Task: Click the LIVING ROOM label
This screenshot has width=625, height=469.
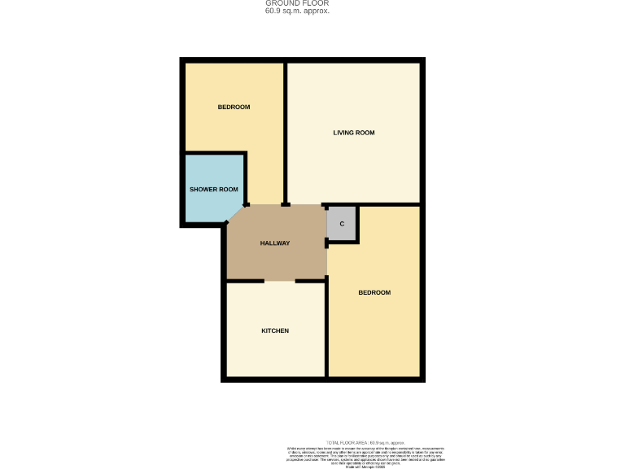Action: click(x=353, y=133)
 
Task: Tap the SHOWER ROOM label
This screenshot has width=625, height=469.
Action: click(x=213, y=190)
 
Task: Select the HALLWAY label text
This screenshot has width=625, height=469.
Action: click(x=275, y=243)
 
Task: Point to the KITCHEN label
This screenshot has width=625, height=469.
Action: click(x=275, y=331)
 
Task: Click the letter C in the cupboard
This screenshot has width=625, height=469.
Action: click(x=342, y=224)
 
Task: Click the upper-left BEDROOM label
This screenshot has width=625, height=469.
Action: click(x=234, y=107)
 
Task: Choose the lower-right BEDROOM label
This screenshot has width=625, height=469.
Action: click(x=374, y=292)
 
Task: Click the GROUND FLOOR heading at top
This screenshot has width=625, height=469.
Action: click(x=297, y=3)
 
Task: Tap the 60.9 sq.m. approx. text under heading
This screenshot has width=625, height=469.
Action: click(x=297, y=11)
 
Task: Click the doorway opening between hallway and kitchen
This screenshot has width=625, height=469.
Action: click(x=279, y=281)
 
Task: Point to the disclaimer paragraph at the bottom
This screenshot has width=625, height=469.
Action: click(x=365, y=457)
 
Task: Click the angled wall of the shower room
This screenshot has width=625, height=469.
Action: click(x=236, y=213)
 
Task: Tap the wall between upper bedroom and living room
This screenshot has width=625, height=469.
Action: click(x=285, y=130)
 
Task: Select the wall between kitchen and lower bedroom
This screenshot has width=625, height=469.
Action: click(x=326, y=334)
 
